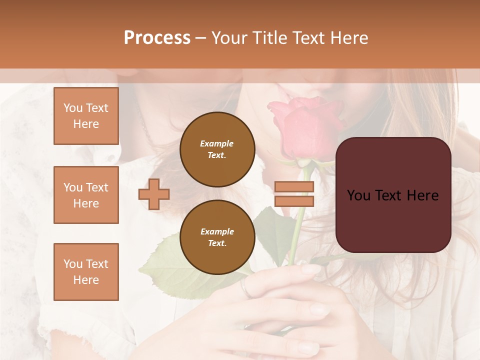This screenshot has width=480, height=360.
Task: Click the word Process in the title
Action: click(x=157, y=38)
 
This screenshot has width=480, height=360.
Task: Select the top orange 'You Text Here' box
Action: click(x=86, y=116)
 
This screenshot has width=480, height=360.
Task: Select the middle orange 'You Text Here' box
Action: click(x=86, y=195)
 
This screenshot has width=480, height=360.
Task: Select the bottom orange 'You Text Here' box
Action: click(x=86, y=271)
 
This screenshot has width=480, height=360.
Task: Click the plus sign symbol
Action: click(x=154, y=194)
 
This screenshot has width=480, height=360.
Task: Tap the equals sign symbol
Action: click(x=294, y=194)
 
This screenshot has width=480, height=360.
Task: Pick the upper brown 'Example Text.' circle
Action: click(x=217, y=149)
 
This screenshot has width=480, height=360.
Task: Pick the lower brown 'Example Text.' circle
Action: click(x=217, y=237)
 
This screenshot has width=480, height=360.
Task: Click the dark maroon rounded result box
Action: click(x=393, y=195)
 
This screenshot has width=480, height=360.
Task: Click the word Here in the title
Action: click(x=349, y=38)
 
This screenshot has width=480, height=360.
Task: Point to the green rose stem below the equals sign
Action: click(x=295, y=235)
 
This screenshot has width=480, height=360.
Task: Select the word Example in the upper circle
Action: click(x=216, y=143)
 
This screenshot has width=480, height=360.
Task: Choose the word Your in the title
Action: click(x=228, y=38)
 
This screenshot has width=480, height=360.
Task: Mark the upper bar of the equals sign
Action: click(x=294, y=186)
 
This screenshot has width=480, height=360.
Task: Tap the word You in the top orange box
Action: click(x=73, y=108)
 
